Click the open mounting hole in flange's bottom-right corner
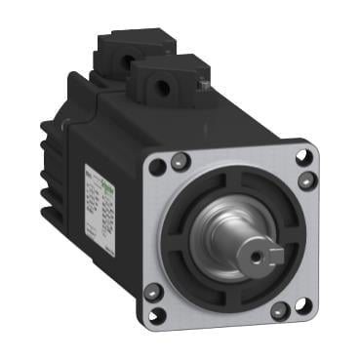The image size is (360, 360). point(303,304)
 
